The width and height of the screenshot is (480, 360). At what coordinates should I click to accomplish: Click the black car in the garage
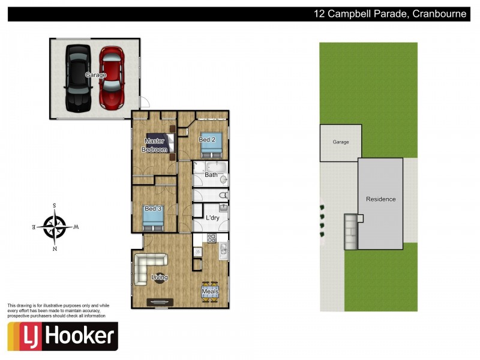click(78, 78)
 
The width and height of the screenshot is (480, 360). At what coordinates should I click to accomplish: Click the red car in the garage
click(112, 78)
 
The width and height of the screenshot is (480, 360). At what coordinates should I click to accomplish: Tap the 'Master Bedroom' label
click(155, 145)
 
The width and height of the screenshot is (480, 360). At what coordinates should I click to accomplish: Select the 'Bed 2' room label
click(207, 140)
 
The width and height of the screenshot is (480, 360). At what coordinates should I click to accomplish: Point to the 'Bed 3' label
click(153, 209)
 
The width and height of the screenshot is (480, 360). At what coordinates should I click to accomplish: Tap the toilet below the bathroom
click(223, 195)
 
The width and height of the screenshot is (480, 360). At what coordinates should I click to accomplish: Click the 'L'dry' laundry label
click(212, 218)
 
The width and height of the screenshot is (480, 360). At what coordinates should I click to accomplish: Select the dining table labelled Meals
click(211, 292)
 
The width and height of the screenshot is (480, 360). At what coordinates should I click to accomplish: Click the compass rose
click(55, 227)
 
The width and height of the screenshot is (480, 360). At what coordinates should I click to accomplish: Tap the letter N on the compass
click(55, 248)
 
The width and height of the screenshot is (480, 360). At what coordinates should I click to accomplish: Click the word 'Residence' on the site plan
click(380, 199)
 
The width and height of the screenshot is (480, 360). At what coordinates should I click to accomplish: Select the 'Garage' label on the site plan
click(340, 142)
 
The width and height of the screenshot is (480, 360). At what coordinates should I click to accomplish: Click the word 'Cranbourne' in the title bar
click(439, 14)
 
